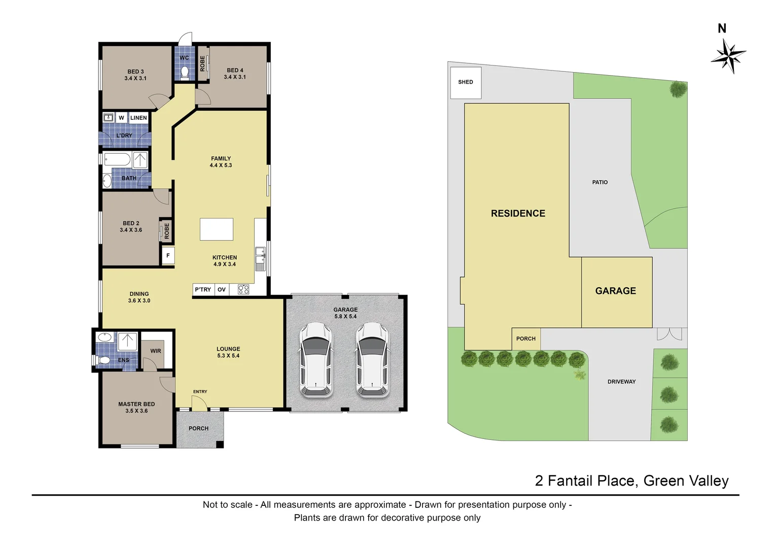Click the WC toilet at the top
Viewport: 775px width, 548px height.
pyautogui.click(x=185, y=73)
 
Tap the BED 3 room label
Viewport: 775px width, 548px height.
pyautogui.click(x=135, y=75)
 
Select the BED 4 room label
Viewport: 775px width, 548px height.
pyautogui.click(x=235, y=74)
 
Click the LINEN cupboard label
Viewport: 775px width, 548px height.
pyautogui.click(x=138, y=118)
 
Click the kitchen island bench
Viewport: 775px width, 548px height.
pyautogui.click(x=217, y=229)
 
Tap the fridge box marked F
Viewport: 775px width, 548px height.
pyautogui.click(x=168, y=256)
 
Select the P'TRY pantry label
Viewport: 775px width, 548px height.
pyautogui.click(x=203, y=290)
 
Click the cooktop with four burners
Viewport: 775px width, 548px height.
pyautogui.click(x=243, y=290)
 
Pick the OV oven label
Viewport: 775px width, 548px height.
pyautogui.click(x=222, y=290)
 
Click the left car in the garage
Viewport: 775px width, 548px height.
pyautogui.click(x=315, y=359)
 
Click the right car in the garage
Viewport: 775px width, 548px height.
pyautogui.click(x=372, y=359)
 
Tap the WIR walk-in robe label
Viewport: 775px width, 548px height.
pyautogui.click(x=156, y=351)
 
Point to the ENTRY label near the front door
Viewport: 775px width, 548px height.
pyautogui.click(x=200, y=392)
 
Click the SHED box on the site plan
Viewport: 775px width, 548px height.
pyautogui.click(x=466, y=82)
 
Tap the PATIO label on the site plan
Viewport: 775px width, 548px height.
pyautogui.click(x=600, y=182)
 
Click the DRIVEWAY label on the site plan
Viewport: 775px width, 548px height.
pyautogui.click(x=621, y=382)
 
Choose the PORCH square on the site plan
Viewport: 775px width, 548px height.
pyautogui.click(x=526, y=338)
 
